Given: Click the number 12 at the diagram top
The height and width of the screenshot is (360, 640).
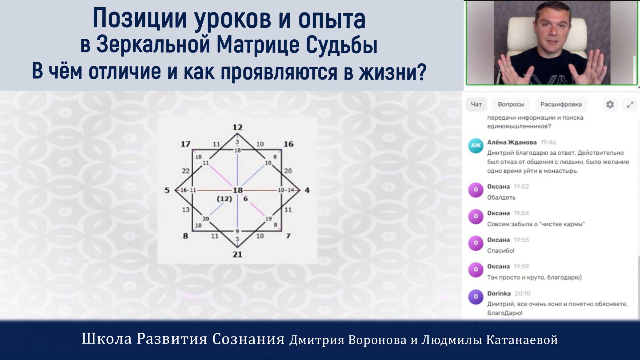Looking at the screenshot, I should tap(237, 127).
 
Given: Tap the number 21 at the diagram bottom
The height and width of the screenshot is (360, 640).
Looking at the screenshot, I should tap(237, 254).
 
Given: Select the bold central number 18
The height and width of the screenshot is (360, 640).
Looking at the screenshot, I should tap(238, 190).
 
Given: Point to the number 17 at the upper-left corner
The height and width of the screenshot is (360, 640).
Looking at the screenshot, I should tap(186, 144).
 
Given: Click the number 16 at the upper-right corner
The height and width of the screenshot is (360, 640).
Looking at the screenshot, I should tap(288, 144).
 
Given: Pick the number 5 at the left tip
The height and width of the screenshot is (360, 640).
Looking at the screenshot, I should tap(167, 190).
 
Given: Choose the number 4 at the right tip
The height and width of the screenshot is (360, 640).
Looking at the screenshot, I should tap(307, 190).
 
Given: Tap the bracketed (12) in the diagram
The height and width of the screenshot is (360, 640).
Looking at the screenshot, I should tap(224, 199).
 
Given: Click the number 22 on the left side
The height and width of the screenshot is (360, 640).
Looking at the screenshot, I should tap(186, 171).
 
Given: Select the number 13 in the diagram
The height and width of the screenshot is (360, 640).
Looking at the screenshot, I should tap(186, 210).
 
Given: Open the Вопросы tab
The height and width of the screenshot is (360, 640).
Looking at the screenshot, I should tap(511, 104).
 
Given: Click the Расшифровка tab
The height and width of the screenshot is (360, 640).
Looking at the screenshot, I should tap(561, 104).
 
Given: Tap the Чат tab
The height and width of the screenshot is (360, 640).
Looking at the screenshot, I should tap(476, 104).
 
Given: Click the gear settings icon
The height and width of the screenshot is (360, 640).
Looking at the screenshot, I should tap(610, 104).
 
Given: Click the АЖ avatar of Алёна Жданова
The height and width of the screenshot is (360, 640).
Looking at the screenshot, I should tap(476, 146).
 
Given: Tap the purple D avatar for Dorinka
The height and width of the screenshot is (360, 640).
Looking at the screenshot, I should tap(476, 297).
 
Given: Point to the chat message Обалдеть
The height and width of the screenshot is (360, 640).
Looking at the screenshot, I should tap(501, 198).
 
